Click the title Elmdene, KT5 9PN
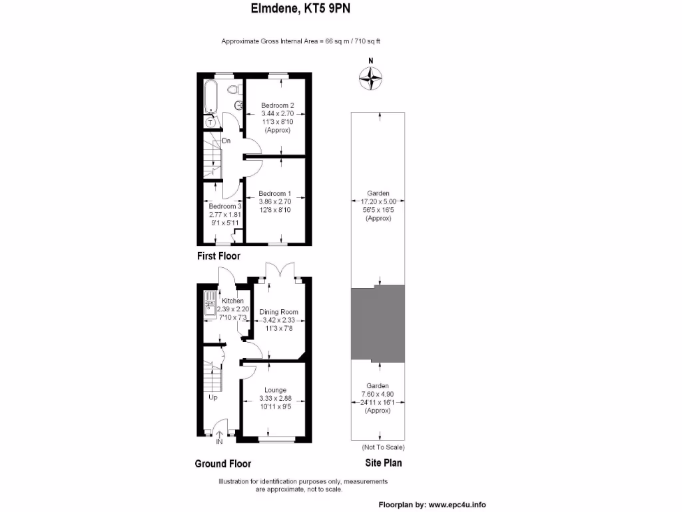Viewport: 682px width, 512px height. [300, 9]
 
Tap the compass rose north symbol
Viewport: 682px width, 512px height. [371, 77]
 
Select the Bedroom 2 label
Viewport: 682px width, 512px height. [278, 105]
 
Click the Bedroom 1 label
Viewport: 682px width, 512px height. [275, 193]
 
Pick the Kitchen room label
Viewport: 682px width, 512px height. [234, 301]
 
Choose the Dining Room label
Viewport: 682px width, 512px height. [278, 312]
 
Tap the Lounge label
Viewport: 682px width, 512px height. [275, 390]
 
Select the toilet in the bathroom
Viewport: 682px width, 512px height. [233, 89]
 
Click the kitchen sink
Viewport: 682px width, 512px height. [209, 305]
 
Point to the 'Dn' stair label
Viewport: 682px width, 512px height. [226, 141]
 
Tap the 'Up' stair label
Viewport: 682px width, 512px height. [213, 397]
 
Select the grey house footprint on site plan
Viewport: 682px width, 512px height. [378, 323]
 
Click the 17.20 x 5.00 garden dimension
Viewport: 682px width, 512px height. [378, 201]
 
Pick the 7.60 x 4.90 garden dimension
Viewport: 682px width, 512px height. [378, 394]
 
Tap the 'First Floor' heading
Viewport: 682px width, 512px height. [218, 256]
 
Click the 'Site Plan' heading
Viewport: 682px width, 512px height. [383, 463]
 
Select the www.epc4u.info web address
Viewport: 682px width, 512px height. [457, 504]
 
